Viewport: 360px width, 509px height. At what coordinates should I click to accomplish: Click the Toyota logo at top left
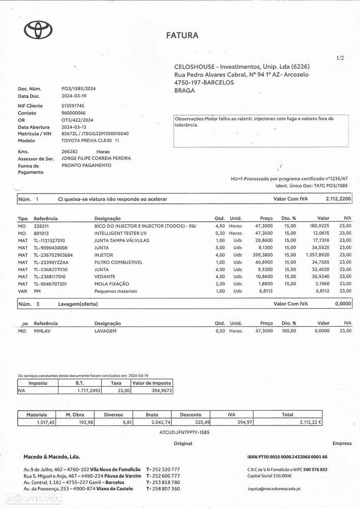coord(38,31)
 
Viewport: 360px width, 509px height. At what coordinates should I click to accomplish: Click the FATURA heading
coord(182,36)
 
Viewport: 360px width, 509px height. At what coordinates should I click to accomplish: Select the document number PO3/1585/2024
coord(78,89)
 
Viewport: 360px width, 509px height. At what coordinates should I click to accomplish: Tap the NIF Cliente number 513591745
coord(73,105)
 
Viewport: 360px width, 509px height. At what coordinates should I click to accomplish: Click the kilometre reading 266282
coord(70,151)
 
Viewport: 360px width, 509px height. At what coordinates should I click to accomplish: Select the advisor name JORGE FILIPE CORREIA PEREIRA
coord(96,158)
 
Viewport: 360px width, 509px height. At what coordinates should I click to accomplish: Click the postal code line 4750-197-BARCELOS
coord(204,83)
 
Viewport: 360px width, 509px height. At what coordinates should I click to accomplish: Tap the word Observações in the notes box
coord(189,119)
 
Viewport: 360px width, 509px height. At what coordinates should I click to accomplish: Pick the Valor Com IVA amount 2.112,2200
coord(338,199)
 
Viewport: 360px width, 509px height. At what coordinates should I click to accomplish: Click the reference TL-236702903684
coord(53,255)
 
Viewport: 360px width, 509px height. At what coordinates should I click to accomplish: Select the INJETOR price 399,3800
coord(263,255)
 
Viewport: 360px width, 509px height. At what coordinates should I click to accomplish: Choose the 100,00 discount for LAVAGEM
coord(289,331)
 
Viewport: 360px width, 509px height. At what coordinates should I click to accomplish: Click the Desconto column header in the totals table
coord(190,415)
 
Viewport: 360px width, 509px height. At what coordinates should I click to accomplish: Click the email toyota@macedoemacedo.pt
coord(273,489)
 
